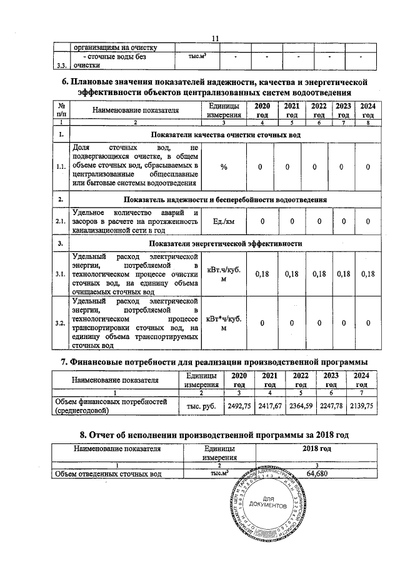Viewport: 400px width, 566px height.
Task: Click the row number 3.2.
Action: click(x=61, y=322)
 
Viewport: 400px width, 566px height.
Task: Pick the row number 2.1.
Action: click(x=61, y=221)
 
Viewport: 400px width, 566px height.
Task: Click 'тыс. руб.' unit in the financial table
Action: click(x=197, y=405)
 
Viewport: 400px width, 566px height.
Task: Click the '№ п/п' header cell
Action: click(x=61, y=110)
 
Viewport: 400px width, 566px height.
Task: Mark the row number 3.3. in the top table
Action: click(x=60, y=64)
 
